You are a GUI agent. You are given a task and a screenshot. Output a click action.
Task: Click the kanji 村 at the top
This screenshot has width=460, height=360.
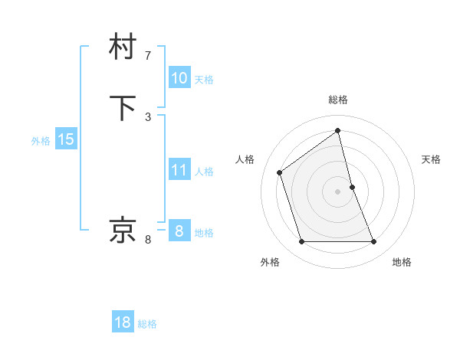point(123,47)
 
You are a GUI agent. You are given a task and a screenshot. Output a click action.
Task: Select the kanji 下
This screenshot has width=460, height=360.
point(123,107)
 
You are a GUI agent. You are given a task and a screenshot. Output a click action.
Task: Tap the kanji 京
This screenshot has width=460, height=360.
point(123,230)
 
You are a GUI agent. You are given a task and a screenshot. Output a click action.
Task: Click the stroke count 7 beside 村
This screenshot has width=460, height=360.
point(148,55)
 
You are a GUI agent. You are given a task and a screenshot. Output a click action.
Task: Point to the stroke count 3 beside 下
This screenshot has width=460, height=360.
point(148,116)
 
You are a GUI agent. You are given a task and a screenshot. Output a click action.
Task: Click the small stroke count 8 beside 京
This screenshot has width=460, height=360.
point(148,240)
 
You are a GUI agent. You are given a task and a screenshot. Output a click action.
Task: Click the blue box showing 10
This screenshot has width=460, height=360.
point(179,78)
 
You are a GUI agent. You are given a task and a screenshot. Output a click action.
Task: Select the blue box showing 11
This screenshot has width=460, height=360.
point(179,170)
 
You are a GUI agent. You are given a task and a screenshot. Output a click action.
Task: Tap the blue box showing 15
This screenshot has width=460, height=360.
point(65,139)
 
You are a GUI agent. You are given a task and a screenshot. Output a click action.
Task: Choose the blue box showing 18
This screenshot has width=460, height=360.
point(123,322)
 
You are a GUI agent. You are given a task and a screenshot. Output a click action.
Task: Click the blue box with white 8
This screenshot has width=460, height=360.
point(179,231)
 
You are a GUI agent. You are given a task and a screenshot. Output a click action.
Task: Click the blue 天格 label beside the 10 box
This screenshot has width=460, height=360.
point(204,80)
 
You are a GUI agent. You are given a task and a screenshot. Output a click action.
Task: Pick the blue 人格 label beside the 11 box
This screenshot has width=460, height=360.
point(204,172)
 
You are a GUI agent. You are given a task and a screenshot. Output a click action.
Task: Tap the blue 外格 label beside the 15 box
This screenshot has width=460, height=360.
point(41,141)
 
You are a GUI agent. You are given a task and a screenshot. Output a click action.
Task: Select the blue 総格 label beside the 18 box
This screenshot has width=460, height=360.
point(147,324)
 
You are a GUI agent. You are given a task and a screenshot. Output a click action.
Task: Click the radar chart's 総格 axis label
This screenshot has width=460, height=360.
point(338,100)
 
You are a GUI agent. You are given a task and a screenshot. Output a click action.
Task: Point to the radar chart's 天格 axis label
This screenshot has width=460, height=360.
point(432,159)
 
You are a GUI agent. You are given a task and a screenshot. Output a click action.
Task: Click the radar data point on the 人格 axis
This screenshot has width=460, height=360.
point(280,172)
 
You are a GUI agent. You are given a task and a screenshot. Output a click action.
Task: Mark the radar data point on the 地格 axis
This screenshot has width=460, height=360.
point(374,242)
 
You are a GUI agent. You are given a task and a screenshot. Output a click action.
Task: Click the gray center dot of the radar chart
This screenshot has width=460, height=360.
point(338,191)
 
